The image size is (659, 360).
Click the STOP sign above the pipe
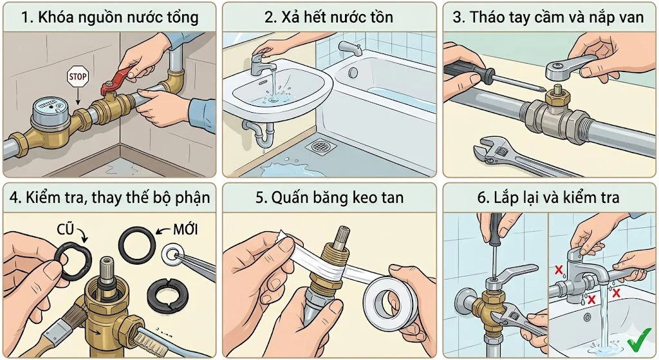tap(77, 77)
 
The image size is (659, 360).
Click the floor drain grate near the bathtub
tap(320, 146)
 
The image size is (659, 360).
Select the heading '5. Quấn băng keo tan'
tap(329, 197)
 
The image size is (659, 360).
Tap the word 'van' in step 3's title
tap(631, 17)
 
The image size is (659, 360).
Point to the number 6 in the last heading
tap(482, 197)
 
